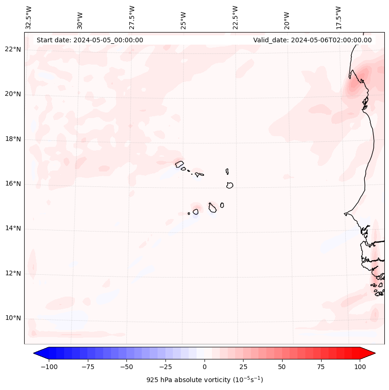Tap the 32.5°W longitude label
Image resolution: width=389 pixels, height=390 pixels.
(x=29, y=18)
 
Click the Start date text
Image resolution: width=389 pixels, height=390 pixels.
(x=90, y=40)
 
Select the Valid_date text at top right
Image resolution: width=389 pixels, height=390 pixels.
(x=312, y=40)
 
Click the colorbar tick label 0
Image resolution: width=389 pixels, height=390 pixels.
(x=204, y=367)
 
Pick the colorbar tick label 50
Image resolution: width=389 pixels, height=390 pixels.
(x=282, y=367)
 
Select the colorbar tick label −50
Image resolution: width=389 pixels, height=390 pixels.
(x=126, y=367)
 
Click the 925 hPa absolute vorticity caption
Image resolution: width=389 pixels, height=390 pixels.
(x=204, y=380)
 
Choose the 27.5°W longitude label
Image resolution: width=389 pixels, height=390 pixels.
(x=132, y=18)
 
